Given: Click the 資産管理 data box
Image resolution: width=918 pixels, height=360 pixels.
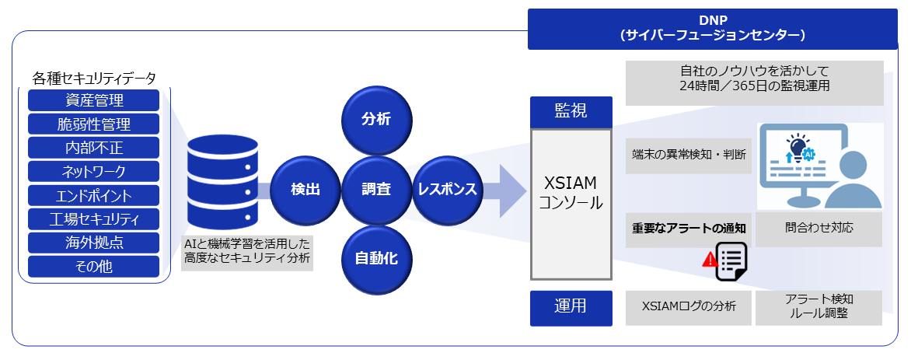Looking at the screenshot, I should (x=93, y=100).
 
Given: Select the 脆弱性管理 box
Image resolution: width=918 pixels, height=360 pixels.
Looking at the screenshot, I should (x=93, y=124).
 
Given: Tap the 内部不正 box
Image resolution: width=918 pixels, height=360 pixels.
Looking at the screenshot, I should (x=93, y=148).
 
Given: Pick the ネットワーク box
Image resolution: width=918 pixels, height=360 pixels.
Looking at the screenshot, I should (x=93, y=172).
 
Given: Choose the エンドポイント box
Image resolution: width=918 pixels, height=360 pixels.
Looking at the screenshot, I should (x=93, y=195).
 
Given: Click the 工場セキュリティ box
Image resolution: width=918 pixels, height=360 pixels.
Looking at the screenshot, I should (x=93, y=218).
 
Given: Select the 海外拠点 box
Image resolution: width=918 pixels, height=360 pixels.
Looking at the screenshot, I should (x=93, y=243).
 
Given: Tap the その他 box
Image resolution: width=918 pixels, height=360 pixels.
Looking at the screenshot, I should (x=93, y=267).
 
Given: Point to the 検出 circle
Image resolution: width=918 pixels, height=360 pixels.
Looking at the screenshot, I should (x=305, y=189).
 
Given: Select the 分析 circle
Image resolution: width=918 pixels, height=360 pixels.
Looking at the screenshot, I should (x=376, y=119).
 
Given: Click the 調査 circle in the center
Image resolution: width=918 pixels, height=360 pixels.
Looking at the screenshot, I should (x=376, y=189).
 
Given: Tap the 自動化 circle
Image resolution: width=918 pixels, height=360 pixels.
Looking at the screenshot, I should (x=376, y=258).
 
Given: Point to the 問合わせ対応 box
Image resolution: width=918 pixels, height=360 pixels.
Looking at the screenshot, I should (x=819, y=229).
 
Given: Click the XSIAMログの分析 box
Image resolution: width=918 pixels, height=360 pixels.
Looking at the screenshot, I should (x=689, y=307).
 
